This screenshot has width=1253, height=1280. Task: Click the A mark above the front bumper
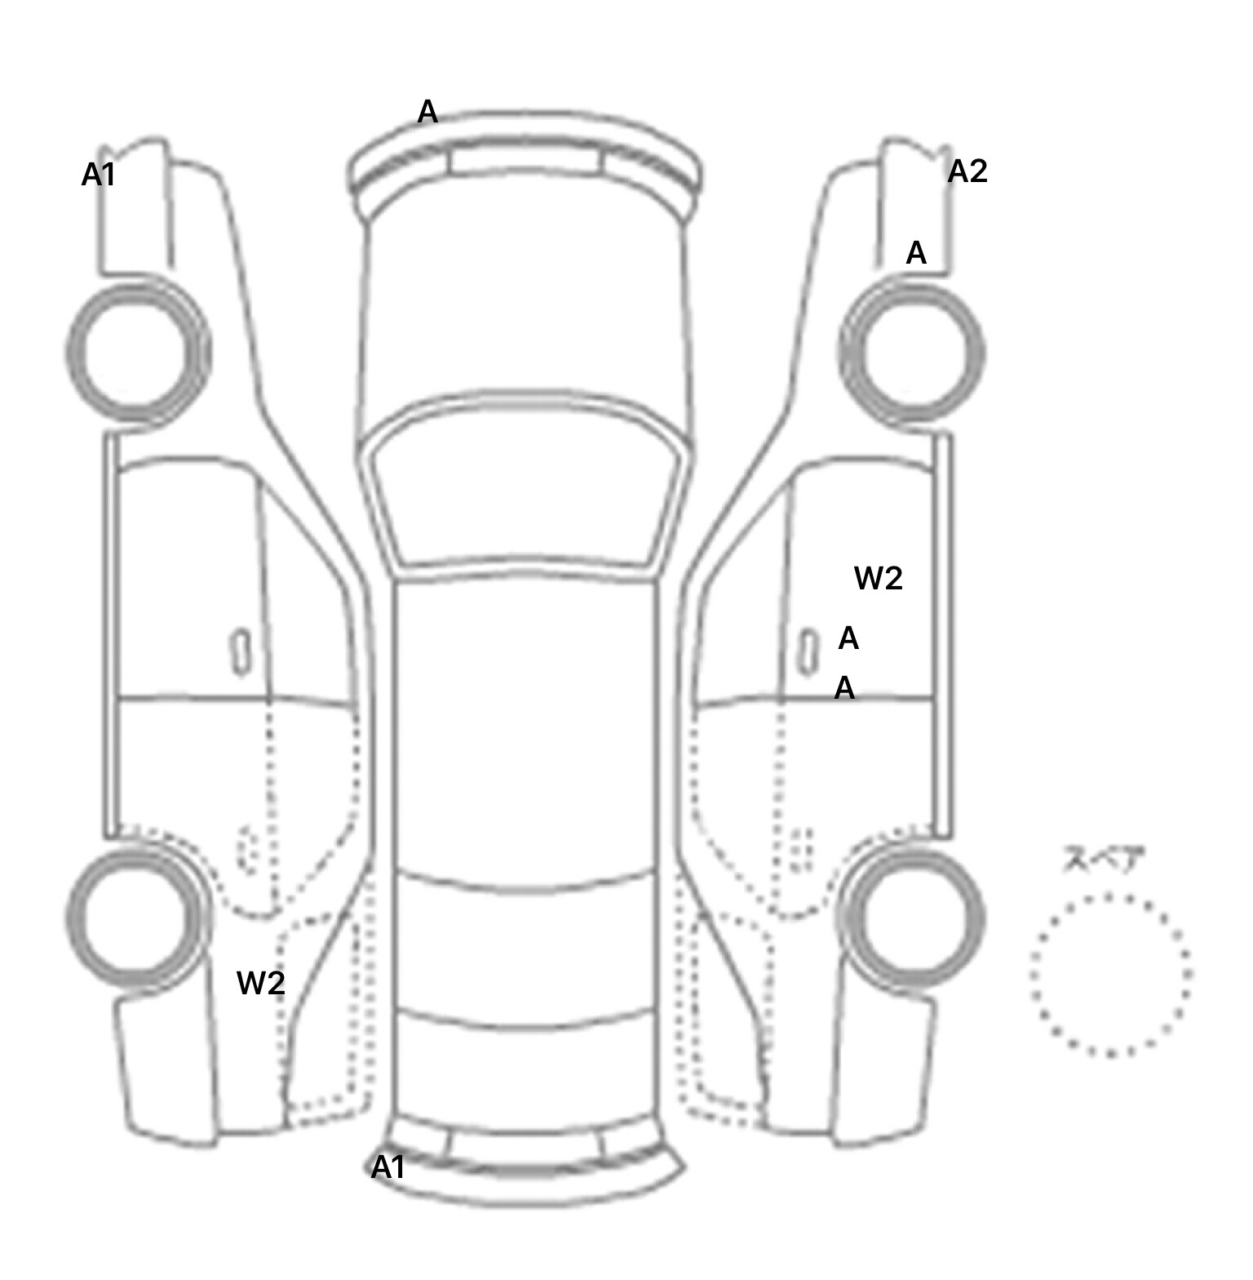coord(427,112)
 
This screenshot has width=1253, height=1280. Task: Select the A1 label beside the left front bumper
coord(99,175)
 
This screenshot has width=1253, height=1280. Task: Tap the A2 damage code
coord(967,171)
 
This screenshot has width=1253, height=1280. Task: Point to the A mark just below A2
coord(916,253)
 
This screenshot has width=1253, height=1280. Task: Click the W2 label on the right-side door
coord(879,579)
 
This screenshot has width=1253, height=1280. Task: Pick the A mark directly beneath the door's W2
coord(848,638)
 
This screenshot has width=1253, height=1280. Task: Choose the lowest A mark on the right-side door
coord(844,688)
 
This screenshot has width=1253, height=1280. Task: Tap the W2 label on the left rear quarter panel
coord(261,983)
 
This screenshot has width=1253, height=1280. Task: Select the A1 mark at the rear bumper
coord(388,1168)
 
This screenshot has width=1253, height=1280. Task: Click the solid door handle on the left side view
coord(240,652)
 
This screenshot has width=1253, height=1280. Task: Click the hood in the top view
coord(525,310)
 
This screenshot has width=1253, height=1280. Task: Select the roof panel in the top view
coord(526,727)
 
